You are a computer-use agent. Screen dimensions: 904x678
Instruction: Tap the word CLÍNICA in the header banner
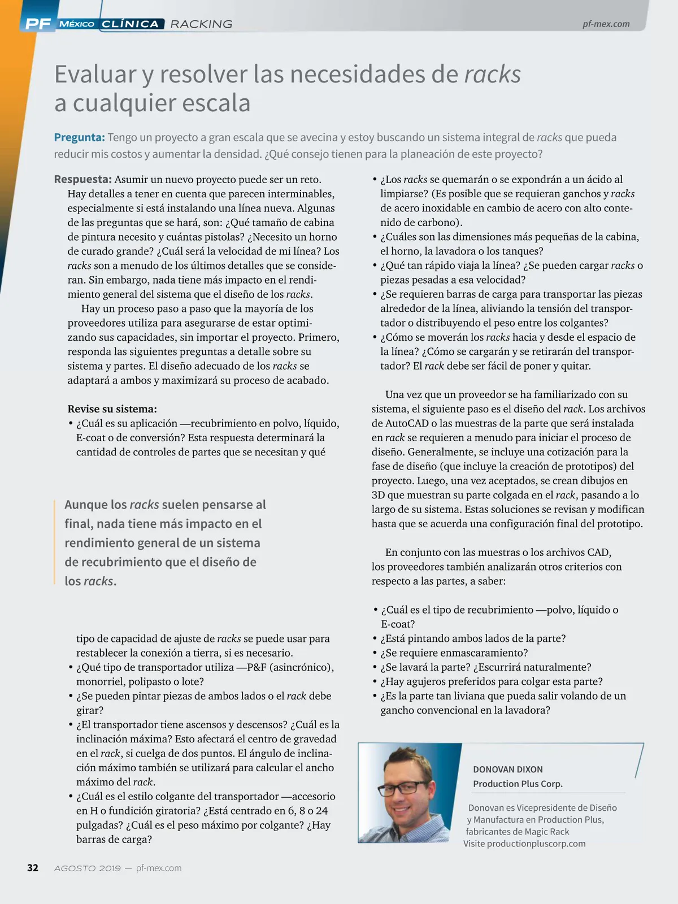(131, 24)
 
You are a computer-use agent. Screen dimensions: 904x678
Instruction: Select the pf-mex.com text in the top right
(606, 24)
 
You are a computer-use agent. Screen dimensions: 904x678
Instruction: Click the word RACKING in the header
(201, 24)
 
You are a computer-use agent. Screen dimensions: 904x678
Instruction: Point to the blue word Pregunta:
(79, 137)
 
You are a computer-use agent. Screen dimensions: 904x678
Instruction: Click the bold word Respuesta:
(82, 180)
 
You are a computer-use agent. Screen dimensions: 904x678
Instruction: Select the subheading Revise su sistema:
(112, 409)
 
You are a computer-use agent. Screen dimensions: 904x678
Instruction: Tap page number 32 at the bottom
(33, 868)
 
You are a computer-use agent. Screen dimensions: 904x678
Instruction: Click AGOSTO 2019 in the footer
(87, 868)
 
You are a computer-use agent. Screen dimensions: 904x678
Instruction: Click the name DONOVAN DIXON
(507, 770)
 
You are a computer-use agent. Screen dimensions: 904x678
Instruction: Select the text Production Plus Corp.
(518, 784)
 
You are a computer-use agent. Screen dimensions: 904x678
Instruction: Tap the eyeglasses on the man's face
(407, 786)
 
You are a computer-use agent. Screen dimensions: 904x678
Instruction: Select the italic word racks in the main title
(492, 75)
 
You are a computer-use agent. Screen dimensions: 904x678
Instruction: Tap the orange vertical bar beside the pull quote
(54, 542)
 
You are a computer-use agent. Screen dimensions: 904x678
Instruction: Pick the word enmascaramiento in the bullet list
(485, 653)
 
